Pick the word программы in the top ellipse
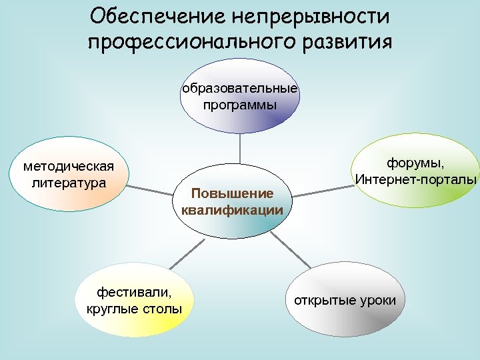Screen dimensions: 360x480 pos(240,105)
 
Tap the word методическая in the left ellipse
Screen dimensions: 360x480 pos(69,166)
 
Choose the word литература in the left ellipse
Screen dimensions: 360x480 pos(69,181)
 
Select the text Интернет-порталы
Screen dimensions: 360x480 pos(417,180)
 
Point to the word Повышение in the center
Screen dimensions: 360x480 pos(232,194)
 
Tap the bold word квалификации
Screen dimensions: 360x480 pos(232,211)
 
